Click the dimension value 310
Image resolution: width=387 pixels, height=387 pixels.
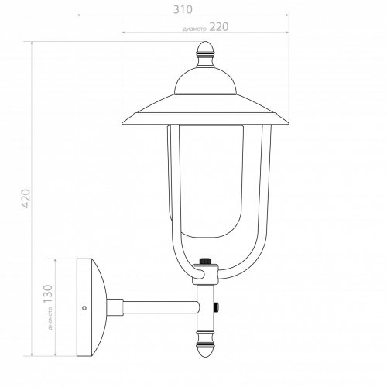pyautogui.click(x=183, y=9)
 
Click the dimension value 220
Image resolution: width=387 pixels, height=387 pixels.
pyautogui.click(x=219, y=27)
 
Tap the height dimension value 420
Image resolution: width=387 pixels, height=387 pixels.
pyautogui.click(x=26, y=198)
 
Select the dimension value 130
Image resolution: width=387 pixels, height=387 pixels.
pyautogui.click(x=48, y=294)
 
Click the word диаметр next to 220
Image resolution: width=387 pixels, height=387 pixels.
pyautogui.click(x=195, y=29)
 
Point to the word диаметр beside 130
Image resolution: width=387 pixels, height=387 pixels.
pyautogui.click(x=50, y=318)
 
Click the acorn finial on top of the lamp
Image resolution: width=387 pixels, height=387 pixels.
pyautogui.click(x=205, y=54)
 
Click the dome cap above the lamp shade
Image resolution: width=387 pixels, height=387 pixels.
pyautogui.click(x=205, y=80)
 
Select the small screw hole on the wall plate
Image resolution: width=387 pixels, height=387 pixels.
pyautogui.click(x=84, y=308)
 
